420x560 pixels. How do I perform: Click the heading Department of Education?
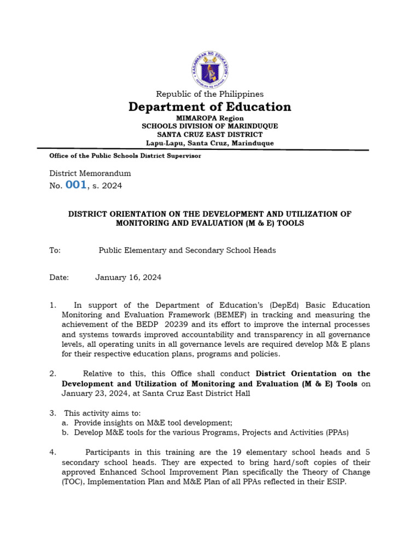(x=209, y=107)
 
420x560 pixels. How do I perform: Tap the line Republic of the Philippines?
(x=209, y=94)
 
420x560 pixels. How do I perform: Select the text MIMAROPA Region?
(x=209, y=118)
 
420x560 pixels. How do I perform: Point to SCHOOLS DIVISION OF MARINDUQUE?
(x=209, y=126)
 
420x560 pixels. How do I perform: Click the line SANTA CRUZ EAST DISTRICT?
(x=209, y=134)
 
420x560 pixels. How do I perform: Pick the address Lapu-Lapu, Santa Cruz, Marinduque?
(x=209, y=143)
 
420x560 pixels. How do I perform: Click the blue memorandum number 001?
(x=76, y=185)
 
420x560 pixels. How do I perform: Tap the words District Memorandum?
(x=90, y=173)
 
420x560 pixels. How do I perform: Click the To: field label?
(x=55, y=250)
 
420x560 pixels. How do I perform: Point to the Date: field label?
(x=59, y=277)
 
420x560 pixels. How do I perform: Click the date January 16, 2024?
(x=128, y=277)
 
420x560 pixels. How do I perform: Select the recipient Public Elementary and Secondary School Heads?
(x=187, y=250)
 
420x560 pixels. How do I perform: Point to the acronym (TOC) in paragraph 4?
(x=71, y=482)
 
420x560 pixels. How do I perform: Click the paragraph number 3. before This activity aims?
(x=52, y=413)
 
